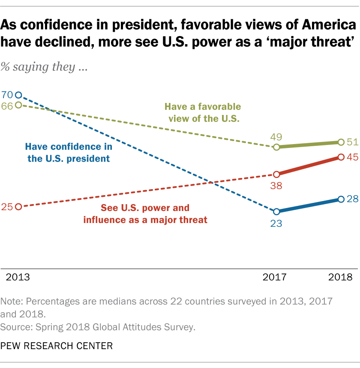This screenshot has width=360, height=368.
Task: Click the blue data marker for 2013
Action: pos(18,95)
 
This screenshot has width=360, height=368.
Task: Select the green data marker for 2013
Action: pos(18,105)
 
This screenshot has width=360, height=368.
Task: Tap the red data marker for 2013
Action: pos(18,207)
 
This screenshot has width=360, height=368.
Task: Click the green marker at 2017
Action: pos(276,147)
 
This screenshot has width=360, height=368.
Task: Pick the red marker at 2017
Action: pos(276,175)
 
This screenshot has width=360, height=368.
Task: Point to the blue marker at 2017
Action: pos(276,211)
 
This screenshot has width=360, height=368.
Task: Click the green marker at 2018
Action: pos(341,142)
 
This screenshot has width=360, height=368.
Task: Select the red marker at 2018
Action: pos(341,157)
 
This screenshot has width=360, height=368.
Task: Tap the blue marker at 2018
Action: pos(341,199)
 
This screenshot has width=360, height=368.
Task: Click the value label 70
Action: pos(7,95)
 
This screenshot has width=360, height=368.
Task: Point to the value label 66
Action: pos(7,106)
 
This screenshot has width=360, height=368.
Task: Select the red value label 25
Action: pos(7,207)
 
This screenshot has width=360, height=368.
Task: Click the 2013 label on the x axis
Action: pos(18,277)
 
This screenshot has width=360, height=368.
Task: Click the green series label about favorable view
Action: pos(203,112)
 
